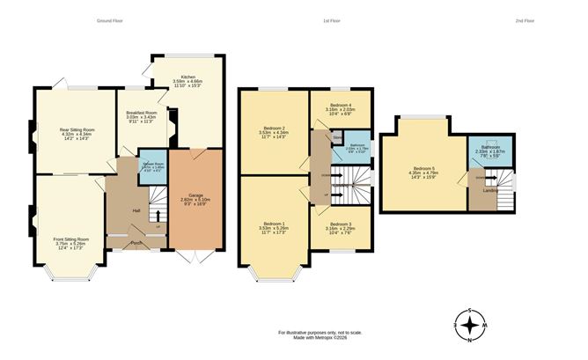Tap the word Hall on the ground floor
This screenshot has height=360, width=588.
(136, 210)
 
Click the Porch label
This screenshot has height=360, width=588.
(136, 242)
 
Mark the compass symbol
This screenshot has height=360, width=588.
(472, 327)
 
